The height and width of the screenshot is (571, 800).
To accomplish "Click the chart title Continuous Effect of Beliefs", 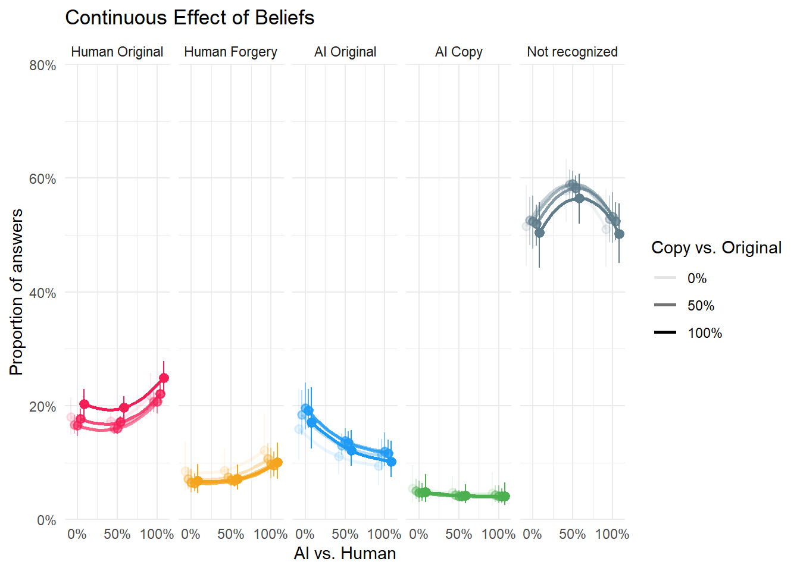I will [189, 18].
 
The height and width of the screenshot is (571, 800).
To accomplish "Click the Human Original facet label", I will [117, 52].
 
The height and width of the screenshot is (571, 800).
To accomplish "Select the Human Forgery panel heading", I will [230, 52].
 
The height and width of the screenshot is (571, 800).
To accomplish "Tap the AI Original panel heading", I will [345, 52].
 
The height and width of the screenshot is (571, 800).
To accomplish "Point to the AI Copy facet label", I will [459, 52].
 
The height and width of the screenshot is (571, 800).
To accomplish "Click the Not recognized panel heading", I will [572, 52].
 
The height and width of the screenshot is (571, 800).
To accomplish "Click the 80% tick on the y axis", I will [43, 65].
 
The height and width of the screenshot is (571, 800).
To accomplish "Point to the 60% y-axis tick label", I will [43, 179].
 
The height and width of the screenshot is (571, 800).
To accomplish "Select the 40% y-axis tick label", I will [43, 293].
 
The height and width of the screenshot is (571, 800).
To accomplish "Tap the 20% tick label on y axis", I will [43, 407].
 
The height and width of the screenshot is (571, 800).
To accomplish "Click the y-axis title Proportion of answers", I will [17, 292].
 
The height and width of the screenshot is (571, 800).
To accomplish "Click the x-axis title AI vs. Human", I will [345, 554].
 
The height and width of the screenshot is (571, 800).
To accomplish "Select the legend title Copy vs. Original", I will [716, 248].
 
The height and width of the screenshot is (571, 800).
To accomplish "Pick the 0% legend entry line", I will [665, 278].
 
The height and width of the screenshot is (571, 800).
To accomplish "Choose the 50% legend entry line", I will [665, 305].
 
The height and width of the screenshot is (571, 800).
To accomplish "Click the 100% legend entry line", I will [665, 332].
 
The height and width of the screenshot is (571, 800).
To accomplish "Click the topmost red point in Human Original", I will [164, 378].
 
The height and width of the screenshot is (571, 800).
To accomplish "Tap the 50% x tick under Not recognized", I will [572, 534].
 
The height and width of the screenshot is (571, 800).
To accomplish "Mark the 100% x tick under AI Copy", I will [498, 534].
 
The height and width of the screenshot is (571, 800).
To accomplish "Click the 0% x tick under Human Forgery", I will [190, 534].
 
